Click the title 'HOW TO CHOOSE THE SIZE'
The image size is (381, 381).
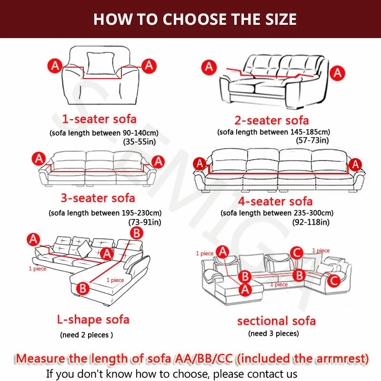(x=195, y=19)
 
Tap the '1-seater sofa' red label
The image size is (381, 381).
(x=99, y=119)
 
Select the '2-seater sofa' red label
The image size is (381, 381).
(x=271, y=120)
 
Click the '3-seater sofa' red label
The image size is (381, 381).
(x=98, y=198)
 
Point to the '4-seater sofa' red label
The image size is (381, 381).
(x=275, y=201)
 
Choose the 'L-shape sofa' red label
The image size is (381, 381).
(x=93, y=320)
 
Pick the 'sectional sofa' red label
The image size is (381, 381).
(x=277, y=321)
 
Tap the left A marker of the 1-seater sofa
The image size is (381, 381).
(x=55, y=66)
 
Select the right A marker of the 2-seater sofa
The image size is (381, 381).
(x=337, y=73)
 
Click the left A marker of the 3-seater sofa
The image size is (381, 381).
(x=39, y=159)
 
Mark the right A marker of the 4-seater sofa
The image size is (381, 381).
(x=355, y=164)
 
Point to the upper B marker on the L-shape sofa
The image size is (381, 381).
(x=137, y=233)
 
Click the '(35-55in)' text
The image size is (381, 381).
(x=140, y=141)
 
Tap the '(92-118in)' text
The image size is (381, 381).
(x=311, y=222)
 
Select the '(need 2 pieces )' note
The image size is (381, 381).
(x=87, y=335)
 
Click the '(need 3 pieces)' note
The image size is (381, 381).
(x=273, y=333)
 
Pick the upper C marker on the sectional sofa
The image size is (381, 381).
(x=297, y=253)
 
